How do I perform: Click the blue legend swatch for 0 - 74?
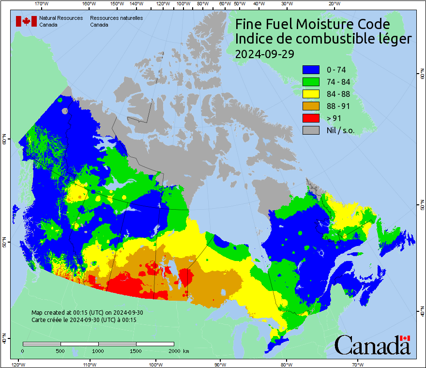pos(311,70)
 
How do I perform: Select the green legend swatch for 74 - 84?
pos(311,82)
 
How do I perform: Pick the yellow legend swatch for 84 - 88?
pos(311,94)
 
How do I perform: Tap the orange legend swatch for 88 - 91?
pos(311,106)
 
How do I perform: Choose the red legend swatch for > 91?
pos(311,118)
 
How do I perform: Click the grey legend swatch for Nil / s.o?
pos(311,130)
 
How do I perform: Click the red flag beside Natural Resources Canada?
pos(26,21)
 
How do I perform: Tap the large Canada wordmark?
pos(372,345)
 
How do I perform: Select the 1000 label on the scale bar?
pos(98,351)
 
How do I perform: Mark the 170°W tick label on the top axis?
pos(42,4)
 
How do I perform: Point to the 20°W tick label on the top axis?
pos(333,4)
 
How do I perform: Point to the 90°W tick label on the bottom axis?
pos(220,364)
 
